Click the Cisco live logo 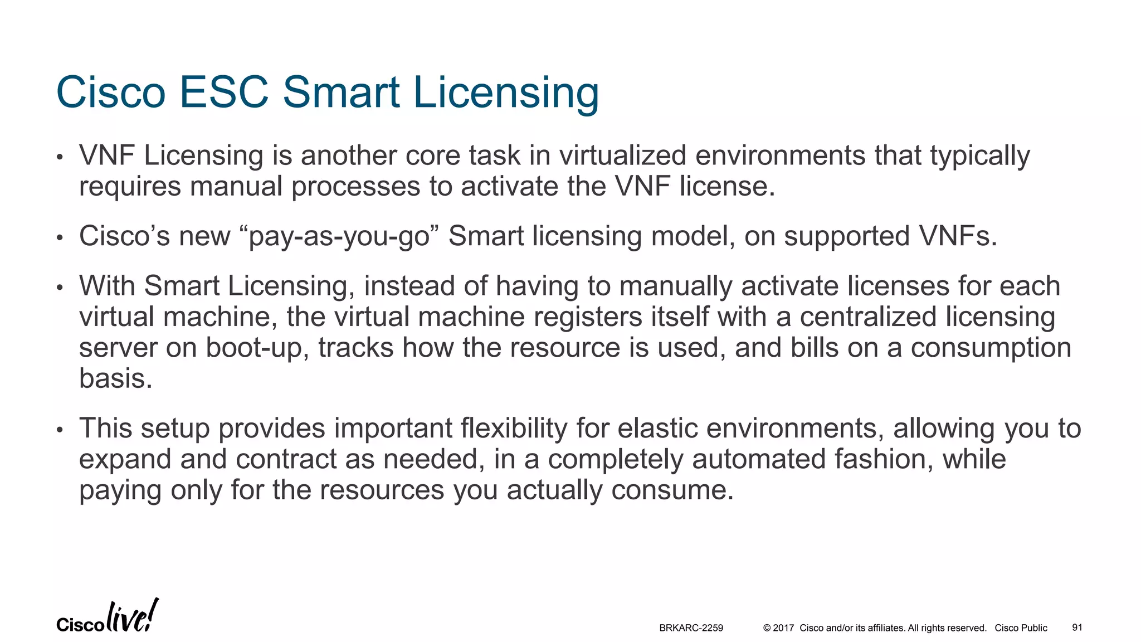tap(107, 617)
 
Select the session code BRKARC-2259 tap(691, 628)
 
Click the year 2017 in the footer tap(783, 628)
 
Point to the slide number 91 tap(1077, 628)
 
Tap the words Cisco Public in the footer tap(1021, 628)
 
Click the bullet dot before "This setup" tap(60, 430)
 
